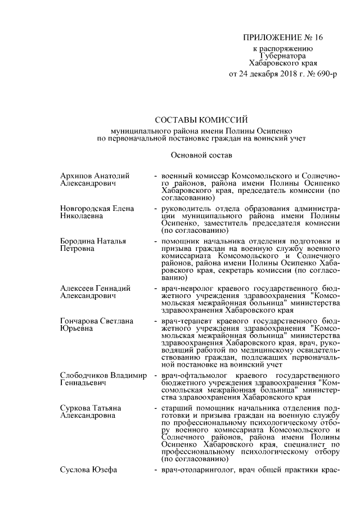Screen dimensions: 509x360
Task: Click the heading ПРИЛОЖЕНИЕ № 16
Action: pos(283,38)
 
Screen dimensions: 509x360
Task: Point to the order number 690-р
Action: pos(326,74)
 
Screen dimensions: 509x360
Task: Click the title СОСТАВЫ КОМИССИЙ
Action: pos(201,119)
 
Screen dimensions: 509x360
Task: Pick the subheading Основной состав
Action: pos(201,154)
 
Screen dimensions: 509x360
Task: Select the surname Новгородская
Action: pos(85,209)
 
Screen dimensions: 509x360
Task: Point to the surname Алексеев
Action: pos(77,289)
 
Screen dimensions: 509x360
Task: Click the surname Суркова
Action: pos(75,408)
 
